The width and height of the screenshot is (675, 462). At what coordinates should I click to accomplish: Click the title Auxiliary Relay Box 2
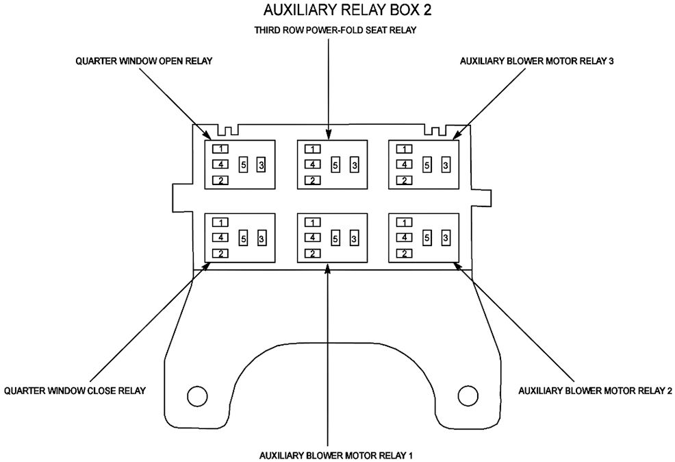coord(337,11)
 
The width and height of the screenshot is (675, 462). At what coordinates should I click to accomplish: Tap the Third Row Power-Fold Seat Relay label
coord(335,31)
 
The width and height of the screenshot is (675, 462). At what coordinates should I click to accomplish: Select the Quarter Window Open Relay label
coord(144,61)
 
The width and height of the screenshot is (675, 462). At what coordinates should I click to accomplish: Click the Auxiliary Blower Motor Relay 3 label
coord(537,61)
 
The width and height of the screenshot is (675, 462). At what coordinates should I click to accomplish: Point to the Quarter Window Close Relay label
coord(75,391)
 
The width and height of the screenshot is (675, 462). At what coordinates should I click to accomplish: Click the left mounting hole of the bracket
coord(197,396)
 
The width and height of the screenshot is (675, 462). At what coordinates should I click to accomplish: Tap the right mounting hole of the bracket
coord(468,396)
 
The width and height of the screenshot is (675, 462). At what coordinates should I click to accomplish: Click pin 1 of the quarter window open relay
coord(220,149)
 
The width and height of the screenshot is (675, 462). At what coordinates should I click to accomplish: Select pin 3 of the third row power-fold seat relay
coord(354,165)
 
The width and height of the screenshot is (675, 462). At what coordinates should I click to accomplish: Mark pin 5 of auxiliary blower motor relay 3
coord(427,165)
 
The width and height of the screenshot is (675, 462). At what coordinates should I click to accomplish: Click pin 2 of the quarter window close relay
coord(220,254)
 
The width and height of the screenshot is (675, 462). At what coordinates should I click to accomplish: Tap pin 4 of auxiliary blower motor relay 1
coord(312,238)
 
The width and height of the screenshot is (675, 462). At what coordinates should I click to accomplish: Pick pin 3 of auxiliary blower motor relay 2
coord(446,238)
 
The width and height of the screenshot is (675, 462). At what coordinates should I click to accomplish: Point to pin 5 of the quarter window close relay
coord(243,238)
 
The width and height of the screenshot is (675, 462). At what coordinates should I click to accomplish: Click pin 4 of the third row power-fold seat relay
coord(312,165)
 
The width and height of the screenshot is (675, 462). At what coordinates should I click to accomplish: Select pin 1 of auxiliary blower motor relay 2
coord(405,222)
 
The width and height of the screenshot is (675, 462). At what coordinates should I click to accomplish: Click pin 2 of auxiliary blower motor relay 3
coord(405,180)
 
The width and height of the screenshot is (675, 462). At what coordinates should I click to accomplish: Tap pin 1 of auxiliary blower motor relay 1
coord(312,222)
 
